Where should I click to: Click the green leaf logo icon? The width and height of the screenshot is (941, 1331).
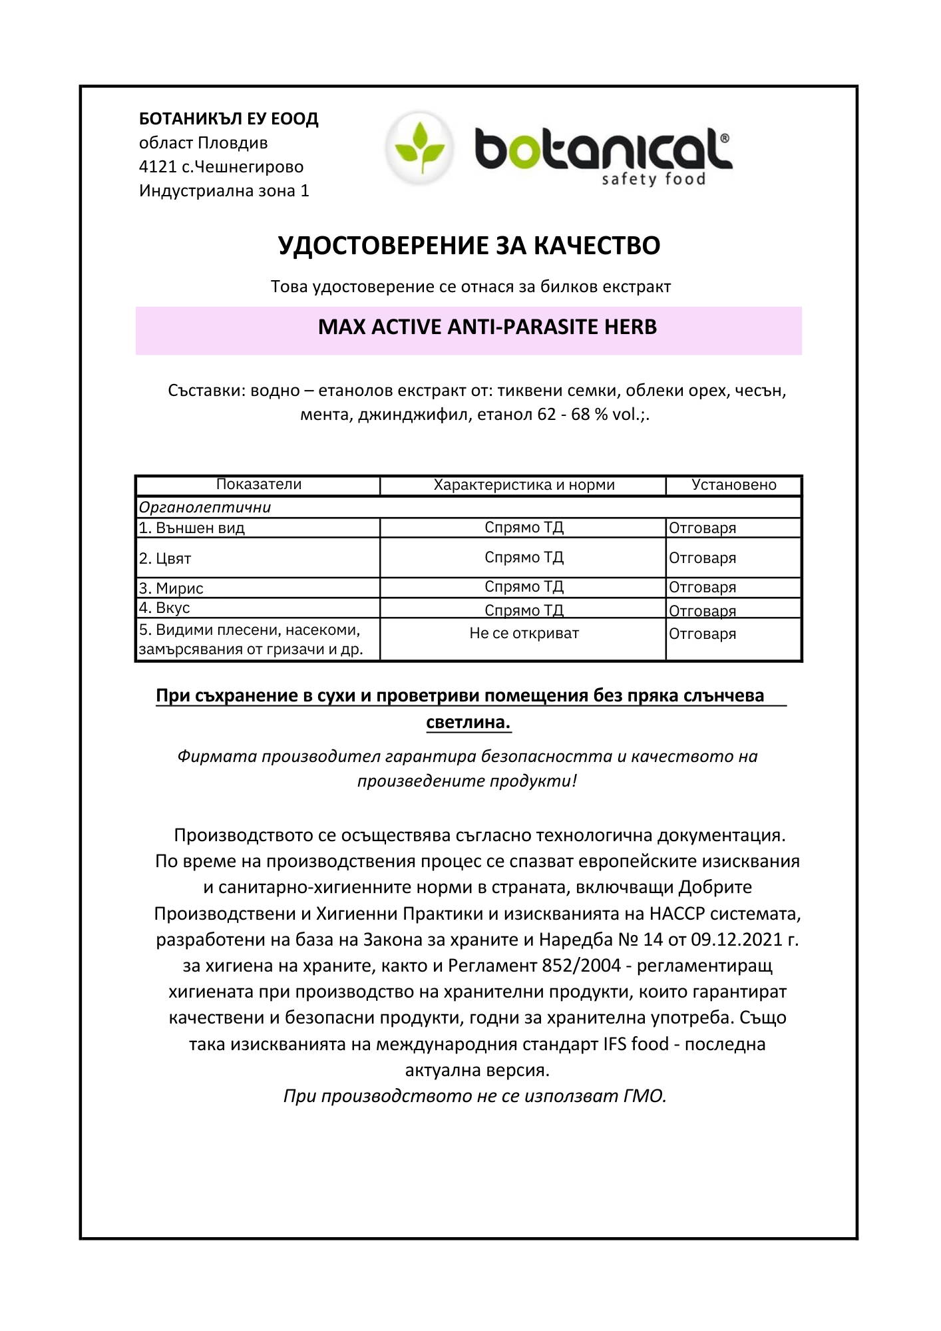click(420, 147)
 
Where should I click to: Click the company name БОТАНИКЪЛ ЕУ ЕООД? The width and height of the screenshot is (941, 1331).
click(228, 119)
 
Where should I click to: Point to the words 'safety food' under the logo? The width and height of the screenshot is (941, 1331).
click(653, 179)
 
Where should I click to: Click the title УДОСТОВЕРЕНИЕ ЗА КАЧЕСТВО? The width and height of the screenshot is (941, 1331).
click(469, 246)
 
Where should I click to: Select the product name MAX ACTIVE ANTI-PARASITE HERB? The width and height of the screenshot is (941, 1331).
click(487, 327)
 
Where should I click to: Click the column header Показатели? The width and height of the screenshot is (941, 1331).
click(259, 484)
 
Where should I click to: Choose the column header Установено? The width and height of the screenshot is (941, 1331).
click(734, 485)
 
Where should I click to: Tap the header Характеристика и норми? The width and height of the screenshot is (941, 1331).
click(524, 485)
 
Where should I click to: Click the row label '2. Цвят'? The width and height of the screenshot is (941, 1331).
click(165, 559)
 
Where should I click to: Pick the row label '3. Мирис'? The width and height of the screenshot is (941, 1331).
click(171, 588)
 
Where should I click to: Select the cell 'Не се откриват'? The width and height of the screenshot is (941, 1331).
click(524, 634)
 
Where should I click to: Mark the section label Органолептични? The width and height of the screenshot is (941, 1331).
click(205, 508)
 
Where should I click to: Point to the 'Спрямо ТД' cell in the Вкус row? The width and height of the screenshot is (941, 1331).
click(524, 610)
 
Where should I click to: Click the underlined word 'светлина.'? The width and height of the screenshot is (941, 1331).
click(469, 723)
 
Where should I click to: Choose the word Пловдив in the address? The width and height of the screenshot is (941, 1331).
click(233, 143)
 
